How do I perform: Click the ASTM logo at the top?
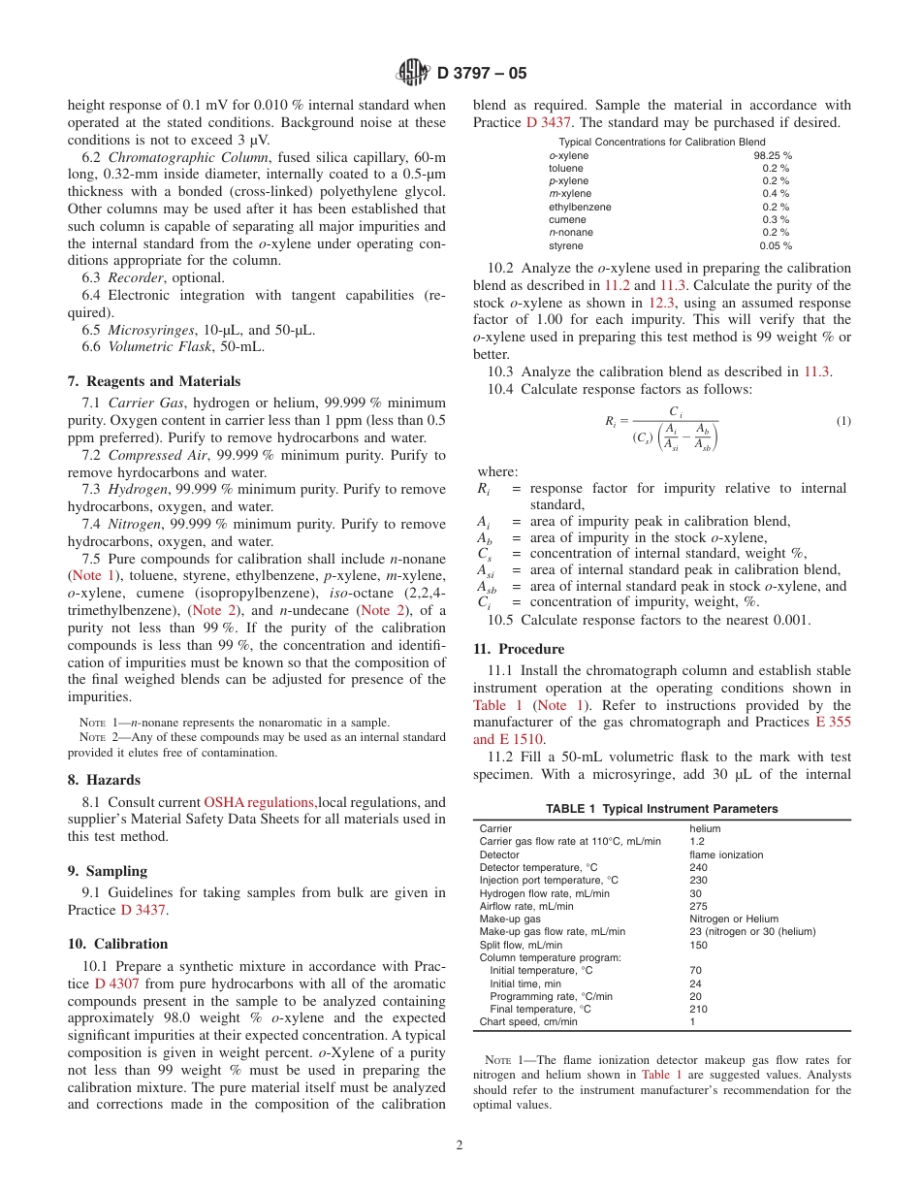413,72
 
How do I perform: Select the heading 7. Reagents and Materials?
154,381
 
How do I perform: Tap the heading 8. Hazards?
104,780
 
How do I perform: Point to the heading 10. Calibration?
117,944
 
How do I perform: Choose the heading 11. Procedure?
519,649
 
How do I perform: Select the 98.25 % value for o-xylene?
772,155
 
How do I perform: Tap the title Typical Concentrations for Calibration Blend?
661,142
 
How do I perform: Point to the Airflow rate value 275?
698,906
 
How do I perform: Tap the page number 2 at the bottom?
460,1145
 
